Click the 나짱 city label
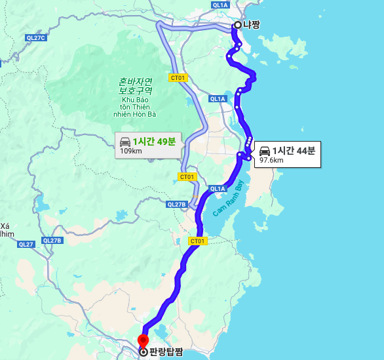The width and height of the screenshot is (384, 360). click(x=252, y=25)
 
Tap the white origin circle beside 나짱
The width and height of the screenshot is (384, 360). click(x=237, y=26)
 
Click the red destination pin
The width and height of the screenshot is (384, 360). click(x=143, y=341)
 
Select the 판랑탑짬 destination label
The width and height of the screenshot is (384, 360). click(x=166, y=352)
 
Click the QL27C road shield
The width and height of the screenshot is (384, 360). click(x=36, y=38)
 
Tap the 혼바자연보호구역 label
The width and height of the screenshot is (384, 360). click(x=136, y=86)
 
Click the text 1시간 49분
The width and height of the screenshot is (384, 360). click(x=154, y=141)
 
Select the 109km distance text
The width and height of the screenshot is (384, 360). click(x=131, y=151)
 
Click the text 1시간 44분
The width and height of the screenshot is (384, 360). click(x=294, y=150)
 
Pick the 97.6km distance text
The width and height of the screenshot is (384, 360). click(x=271, y=160)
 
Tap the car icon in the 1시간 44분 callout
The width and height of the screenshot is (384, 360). click(x=265, y=151)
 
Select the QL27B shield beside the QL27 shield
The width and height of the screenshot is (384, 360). click(x=52, y=241)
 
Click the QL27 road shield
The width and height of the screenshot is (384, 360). click(x=26, y=245)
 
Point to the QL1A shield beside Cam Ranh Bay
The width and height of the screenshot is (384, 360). click(x=218, y=189)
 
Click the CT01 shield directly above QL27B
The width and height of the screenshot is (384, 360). click(x=187, y=177)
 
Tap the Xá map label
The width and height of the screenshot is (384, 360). click(x=7, y=226)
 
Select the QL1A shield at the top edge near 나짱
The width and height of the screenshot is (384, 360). click(x=220, y=5)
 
